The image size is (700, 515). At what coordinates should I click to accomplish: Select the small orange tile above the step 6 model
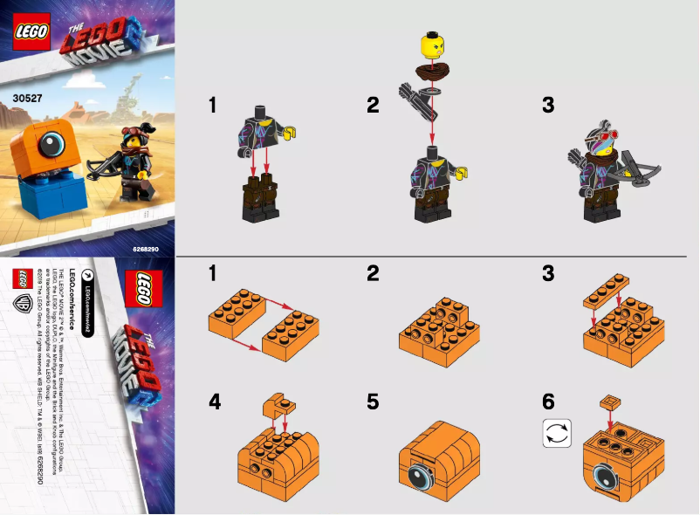(608, 402)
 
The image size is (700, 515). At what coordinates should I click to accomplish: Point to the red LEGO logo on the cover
(29, 29)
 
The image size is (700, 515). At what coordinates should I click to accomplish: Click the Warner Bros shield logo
(24, 305)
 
